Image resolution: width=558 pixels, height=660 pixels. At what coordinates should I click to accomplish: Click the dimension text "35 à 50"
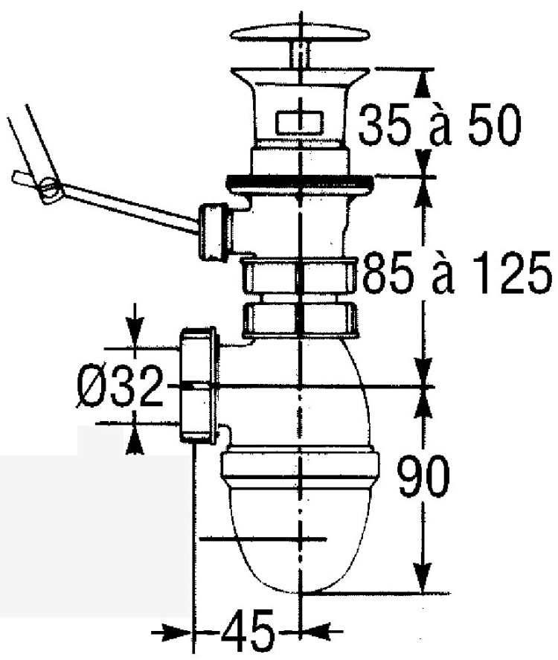point(440,125)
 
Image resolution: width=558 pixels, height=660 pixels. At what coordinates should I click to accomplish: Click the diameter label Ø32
point(120,386)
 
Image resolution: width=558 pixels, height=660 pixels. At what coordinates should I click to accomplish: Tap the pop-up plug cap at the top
point(300,33)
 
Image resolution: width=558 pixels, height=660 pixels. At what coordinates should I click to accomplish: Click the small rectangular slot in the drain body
point(300,122)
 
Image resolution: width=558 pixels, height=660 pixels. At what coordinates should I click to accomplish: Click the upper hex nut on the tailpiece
point(300,276)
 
